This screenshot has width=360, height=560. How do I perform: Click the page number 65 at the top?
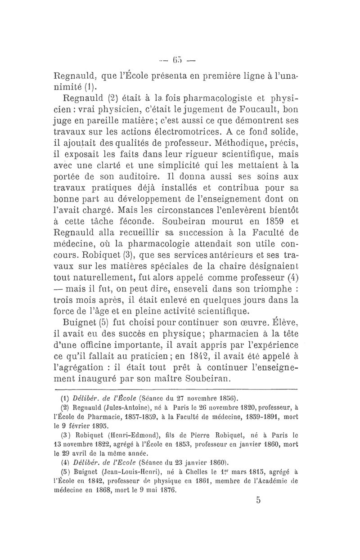point(179,59)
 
